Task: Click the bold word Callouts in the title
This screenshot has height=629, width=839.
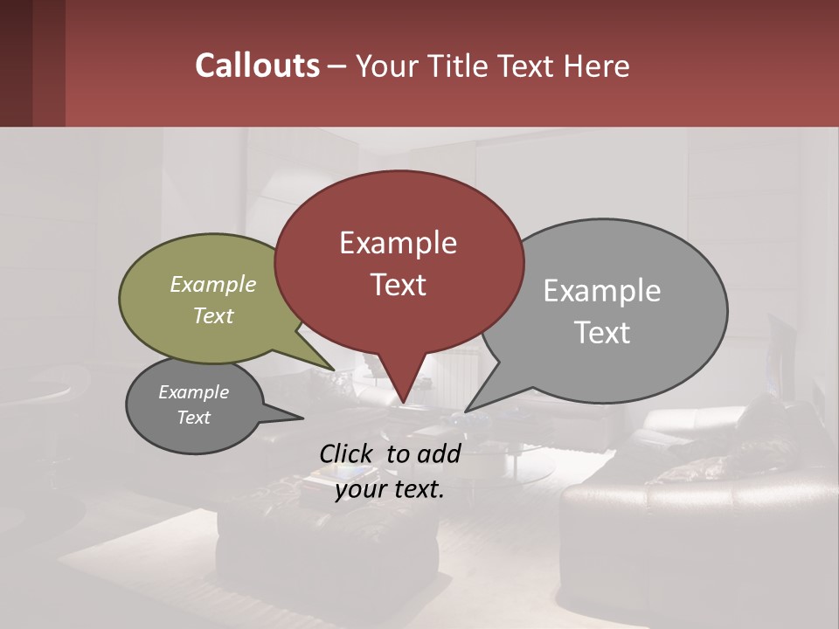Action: tap(257, 66)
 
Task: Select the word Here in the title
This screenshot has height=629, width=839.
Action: tap(597, 66)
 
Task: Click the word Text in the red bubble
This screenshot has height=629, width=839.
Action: tap(398, 284)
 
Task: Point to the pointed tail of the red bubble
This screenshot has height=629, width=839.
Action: tap(403, 401)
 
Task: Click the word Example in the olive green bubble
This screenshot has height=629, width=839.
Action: tap(212, 284)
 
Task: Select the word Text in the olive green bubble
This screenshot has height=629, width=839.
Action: tap(212, 315)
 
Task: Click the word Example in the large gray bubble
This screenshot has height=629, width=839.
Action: tap(601, 290)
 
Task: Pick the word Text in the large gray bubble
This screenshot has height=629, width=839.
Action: tap(601, 332)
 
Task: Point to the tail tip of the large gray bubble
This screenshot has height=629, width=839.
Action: tap(467, 410)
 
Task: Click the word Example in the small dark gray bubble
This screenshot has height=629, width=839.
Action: tap(193, 392)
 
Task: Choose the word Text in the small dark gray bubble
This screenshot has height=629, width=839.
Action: tap(193, 418)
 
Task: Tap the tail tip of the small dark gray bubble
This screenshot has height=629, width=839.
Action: tap(302, 418)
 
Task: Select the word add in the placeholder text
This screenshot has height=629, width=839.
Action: tap(440, 453)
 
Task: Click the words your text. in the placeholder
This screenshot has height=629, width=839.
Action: tap(390, 489)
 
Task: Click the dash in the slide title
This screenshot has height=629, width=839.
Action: tap(337, 66)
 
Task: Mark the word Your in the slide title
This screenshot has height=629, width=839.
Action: tap(386, 66)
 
